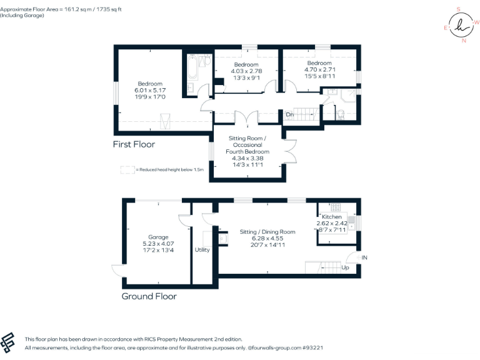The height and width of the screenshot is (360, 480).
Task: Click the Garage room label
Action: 158,237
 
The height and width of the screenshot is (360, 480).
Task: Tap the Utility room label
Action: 202,250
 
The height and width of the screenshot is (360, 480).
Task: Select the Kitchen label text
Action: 331,217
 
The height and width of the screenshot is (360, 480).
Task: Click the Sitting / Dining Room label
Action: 267,232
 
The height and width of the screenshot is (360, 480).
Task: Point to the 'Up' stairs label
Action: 345,267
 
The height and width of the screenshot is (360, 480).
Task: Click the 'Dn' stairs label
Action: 289,114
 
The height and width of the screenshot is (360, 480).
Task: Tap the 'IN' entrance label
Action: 364,257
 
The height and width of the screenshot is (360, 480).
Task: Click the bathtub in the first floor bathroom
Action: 192,67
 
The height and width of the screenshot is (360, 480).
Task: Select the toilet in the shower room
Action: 341,115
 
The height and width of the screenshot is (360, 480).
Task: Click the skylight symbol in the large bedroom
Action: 165,121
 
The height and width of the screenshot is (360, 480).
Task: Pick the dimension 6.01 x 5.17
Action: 150,90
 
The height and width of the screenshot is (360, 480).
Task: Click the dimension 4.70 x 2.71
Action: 319,69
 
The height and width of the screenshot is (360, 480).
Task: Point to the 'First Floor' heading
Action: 134,144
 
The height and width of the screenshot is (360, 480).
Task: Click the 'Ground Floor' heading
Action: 149,296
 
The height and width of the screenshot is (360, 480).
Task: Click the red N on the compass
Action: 464,41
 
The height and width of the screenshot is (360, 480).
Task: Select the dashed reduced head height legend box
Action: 127,170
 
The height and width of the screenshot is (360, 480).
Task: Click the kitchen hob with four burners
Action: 336,207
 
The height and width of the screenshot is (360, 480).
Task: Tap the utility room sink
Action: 223,239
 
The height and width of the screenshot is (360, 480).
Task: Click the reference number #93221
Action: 312,347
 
